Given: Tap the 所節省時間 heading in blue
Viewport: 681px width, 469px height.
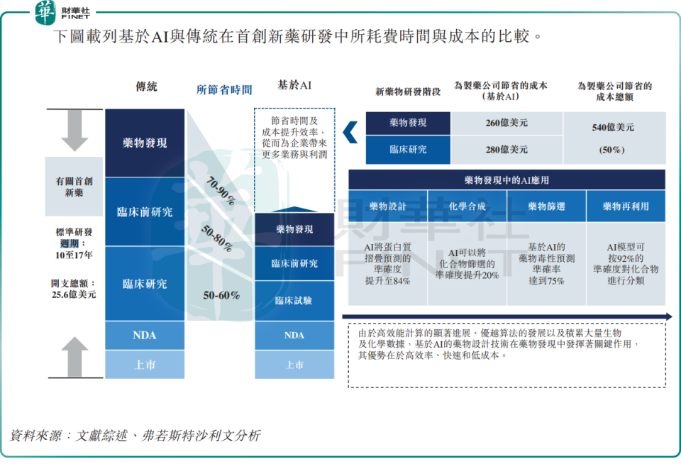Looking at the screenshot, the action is click(224, 89).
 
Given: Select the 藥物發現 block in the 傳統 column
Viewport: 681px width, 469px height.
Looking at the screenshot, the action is click(145, 143).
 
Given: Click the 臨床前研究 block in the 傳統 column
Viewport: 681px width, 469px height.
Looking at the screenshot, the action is click(145, 211).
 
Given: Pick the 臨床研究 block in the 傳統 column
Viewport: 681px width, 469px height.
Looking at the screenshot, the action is click(145, 283).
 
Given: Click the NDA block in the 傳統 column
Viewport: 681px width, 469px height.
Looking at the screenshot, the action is click(145, 335).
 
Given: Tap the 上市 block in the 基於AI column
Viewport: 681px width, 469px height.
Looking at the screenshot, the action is click(294, 365).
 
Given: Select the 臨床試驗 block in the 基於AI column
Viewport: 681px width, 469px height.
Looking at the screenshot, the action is click(294, 300).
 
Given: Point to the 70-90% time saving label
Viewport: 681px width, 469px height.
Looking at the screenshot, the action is click(219, 190).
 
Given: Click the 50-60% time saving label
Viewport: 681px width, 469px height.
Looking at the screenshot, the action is click(221, 295).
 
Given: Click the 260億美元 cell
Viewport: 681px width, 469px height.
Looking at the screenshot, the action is click(506, 123).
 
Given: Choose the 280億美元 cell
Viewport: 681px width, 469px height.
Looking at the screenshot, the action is click(506, 150).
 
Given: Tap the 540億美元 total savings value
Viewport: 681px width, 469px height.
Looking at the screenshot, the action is click(613, 128).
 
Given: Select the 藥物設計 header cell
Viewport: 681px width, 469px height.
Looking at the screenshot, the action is click(388, 206).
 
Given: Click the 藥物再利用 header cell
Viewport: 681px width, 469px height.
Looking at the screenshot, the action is click(625, 206).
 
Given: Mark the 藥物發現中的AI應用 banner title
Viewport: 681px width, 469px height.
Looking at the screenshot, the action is click(506, 180).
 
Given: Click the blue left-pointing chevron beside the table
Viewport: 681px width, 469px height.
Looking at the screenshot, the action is click(349, 132).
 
